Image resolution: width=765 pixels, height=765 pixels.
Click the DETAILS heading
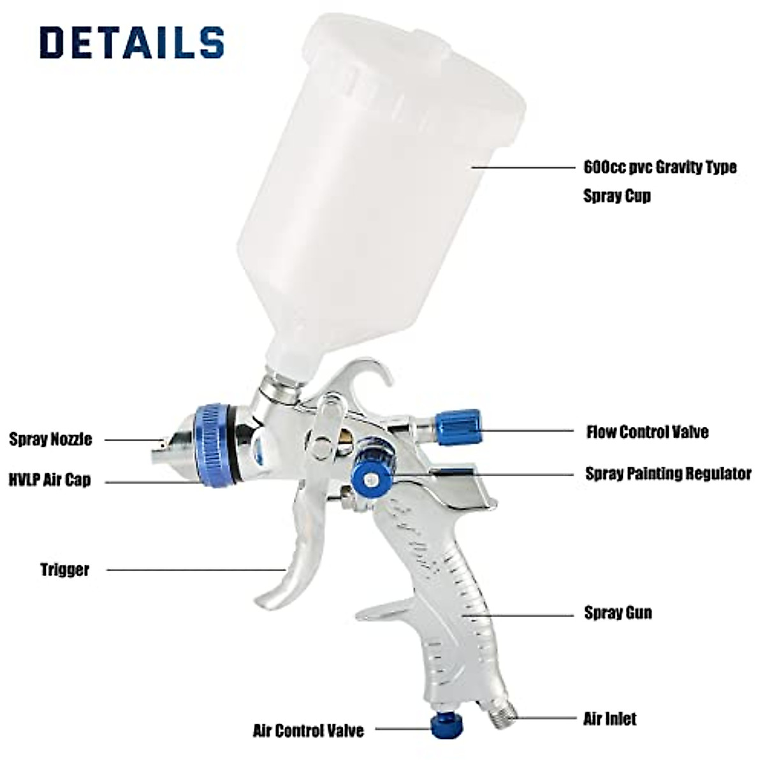(x=132, y=43)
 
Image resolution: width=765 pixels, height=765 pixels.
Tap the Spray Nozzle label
(x=50, y=439)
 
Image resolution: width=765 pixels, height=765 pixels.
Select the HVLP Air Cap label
(x=50, y=480)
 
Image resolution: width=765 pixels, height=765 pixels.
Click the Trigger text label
(x=65, y=569)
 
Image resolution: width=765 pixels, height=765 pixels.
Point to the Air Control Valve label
(x=309, y=730)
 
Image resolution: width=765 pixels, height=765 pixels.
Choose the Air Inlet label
(x=609, y=718)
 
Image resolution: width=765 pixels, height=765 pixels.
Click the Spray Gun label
(x=618, y=613)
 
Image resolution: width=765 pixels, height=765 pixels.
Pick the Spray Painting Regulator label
(x=668, y=474)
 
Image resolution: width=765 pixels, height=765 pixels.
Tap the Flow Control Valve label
(x=647, y=432)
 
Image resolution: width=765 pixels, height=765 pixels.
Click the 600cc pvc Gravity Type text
(x=660, y=167)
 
